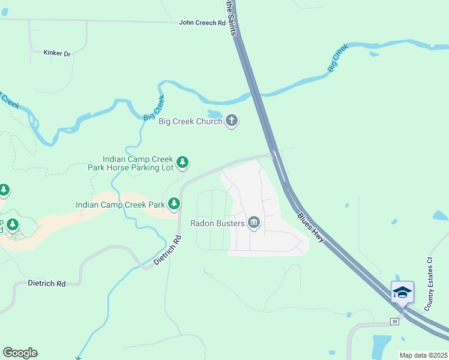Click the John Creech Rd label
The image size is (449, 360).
pyautogui.click(x=202, y=23)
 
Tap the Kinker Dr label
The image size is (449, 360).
pyautogui.click(x=57, y=53)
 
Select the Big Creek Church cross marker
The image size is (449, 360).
pyautogui.click(x=232, y=122)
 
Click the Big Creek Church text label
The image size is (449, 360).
pyautogui.click(x=190, y=122)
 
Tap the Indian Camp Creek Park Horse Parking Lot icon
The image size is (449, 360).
pyautogui.click(x=182, y=162)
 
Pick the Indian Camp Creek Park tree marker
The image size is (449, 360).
pyautogui.click(x=174, y=205)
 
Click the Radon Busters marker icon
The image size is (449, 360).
pyautogui.click(x=254, y=223)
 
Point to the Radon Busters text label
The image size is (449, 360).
pyautogui.click(x=217, y=223)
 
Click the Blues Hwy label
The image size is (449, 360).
pyautogui.click(x=311, y=228)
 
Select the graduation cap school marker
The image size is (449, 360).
pyautogui.click(x=402, y=292)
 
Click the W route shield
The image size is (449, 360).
pyautogui.click(x=394, y=322)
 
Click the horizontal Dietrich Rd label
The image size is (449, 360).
pyautogui.click(x=46, y=283)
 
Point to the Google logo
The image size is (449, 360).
pyautogui.click(x=20, y=353)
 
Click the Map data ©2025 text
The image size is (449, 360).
pyautogui.click(x=424, y=355)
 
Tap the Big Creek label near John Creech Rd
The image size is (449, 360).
pyautogui.click(x=154, y=109)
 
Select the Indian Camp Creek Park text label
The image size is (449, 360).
pyautogui.click(x=120, y=205)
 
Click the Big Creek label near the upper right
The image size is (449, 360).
pyautogui.click(x=339, y=59)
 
